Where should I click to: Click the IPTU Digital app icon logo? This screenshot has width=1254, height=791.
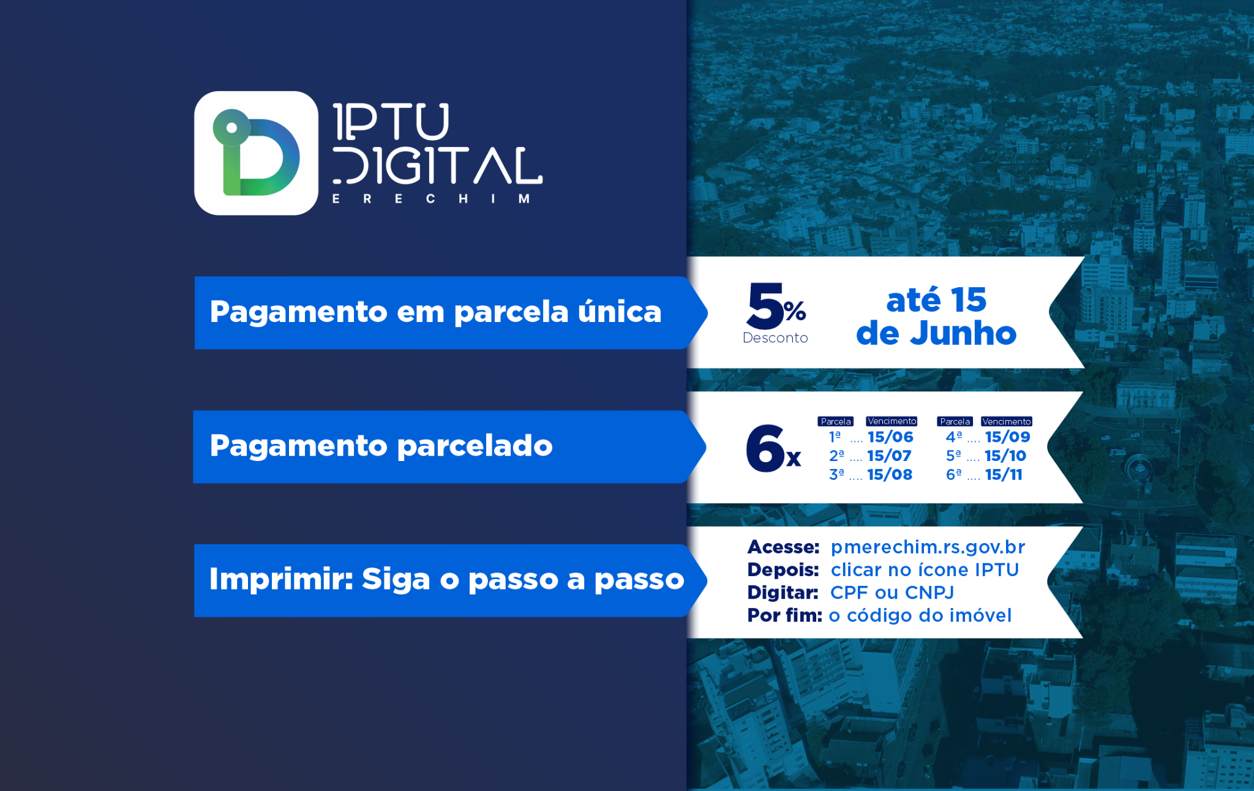pyautogui.click(x=256, y=153)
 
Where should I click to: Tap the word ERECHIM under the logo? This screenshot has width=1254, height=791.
pyautogui.click(x=431, y=199)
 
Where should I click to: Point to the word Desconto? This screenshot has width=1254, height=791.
pyautogui.click(x=775, y=338)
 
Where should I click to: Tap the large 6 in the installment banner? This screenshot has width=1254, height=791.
pyautogui.click(x=765, y=448)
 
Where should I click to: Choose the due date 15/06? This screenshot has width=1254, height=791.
pyautogui.click(x=890, y=437)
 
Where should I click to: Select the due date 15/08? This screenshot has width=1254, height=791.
pyautogui.click(x=890, y=474)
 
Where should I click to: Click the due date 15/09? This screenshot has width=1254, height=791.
pyautogui.click(x=1008, y=437)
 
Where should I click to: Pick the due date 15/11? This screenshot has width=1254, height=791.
pyautogui.click(x=1004, y=474)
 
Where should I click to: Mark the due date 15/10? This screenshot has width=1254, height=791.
pyautogui.click(x=1005, y=456)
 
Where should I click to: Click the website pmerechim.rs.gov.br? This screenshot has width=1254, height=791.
pyautogui.click(x=928, y=547)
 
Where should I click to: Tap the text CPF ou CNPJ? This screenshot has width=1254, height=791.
pyautogui.click(x=892, y=593)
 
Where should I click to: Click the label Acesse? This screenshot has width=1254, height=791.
pyautogui.click(x=783, y=547)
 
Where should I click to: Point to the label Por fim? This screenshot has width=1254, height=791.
pyautogui.click(x=784, y=615)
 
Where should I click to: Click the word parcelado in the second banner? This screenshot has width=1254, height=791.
pyautogui.click(x=475, y=446)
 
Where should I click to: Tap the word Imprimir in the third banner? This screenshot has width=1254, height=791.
pyautogui.click(x=281, y=579)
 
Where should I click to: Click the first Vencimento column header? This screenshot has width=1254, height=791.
pyautogui.click(x=892, y=421)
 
